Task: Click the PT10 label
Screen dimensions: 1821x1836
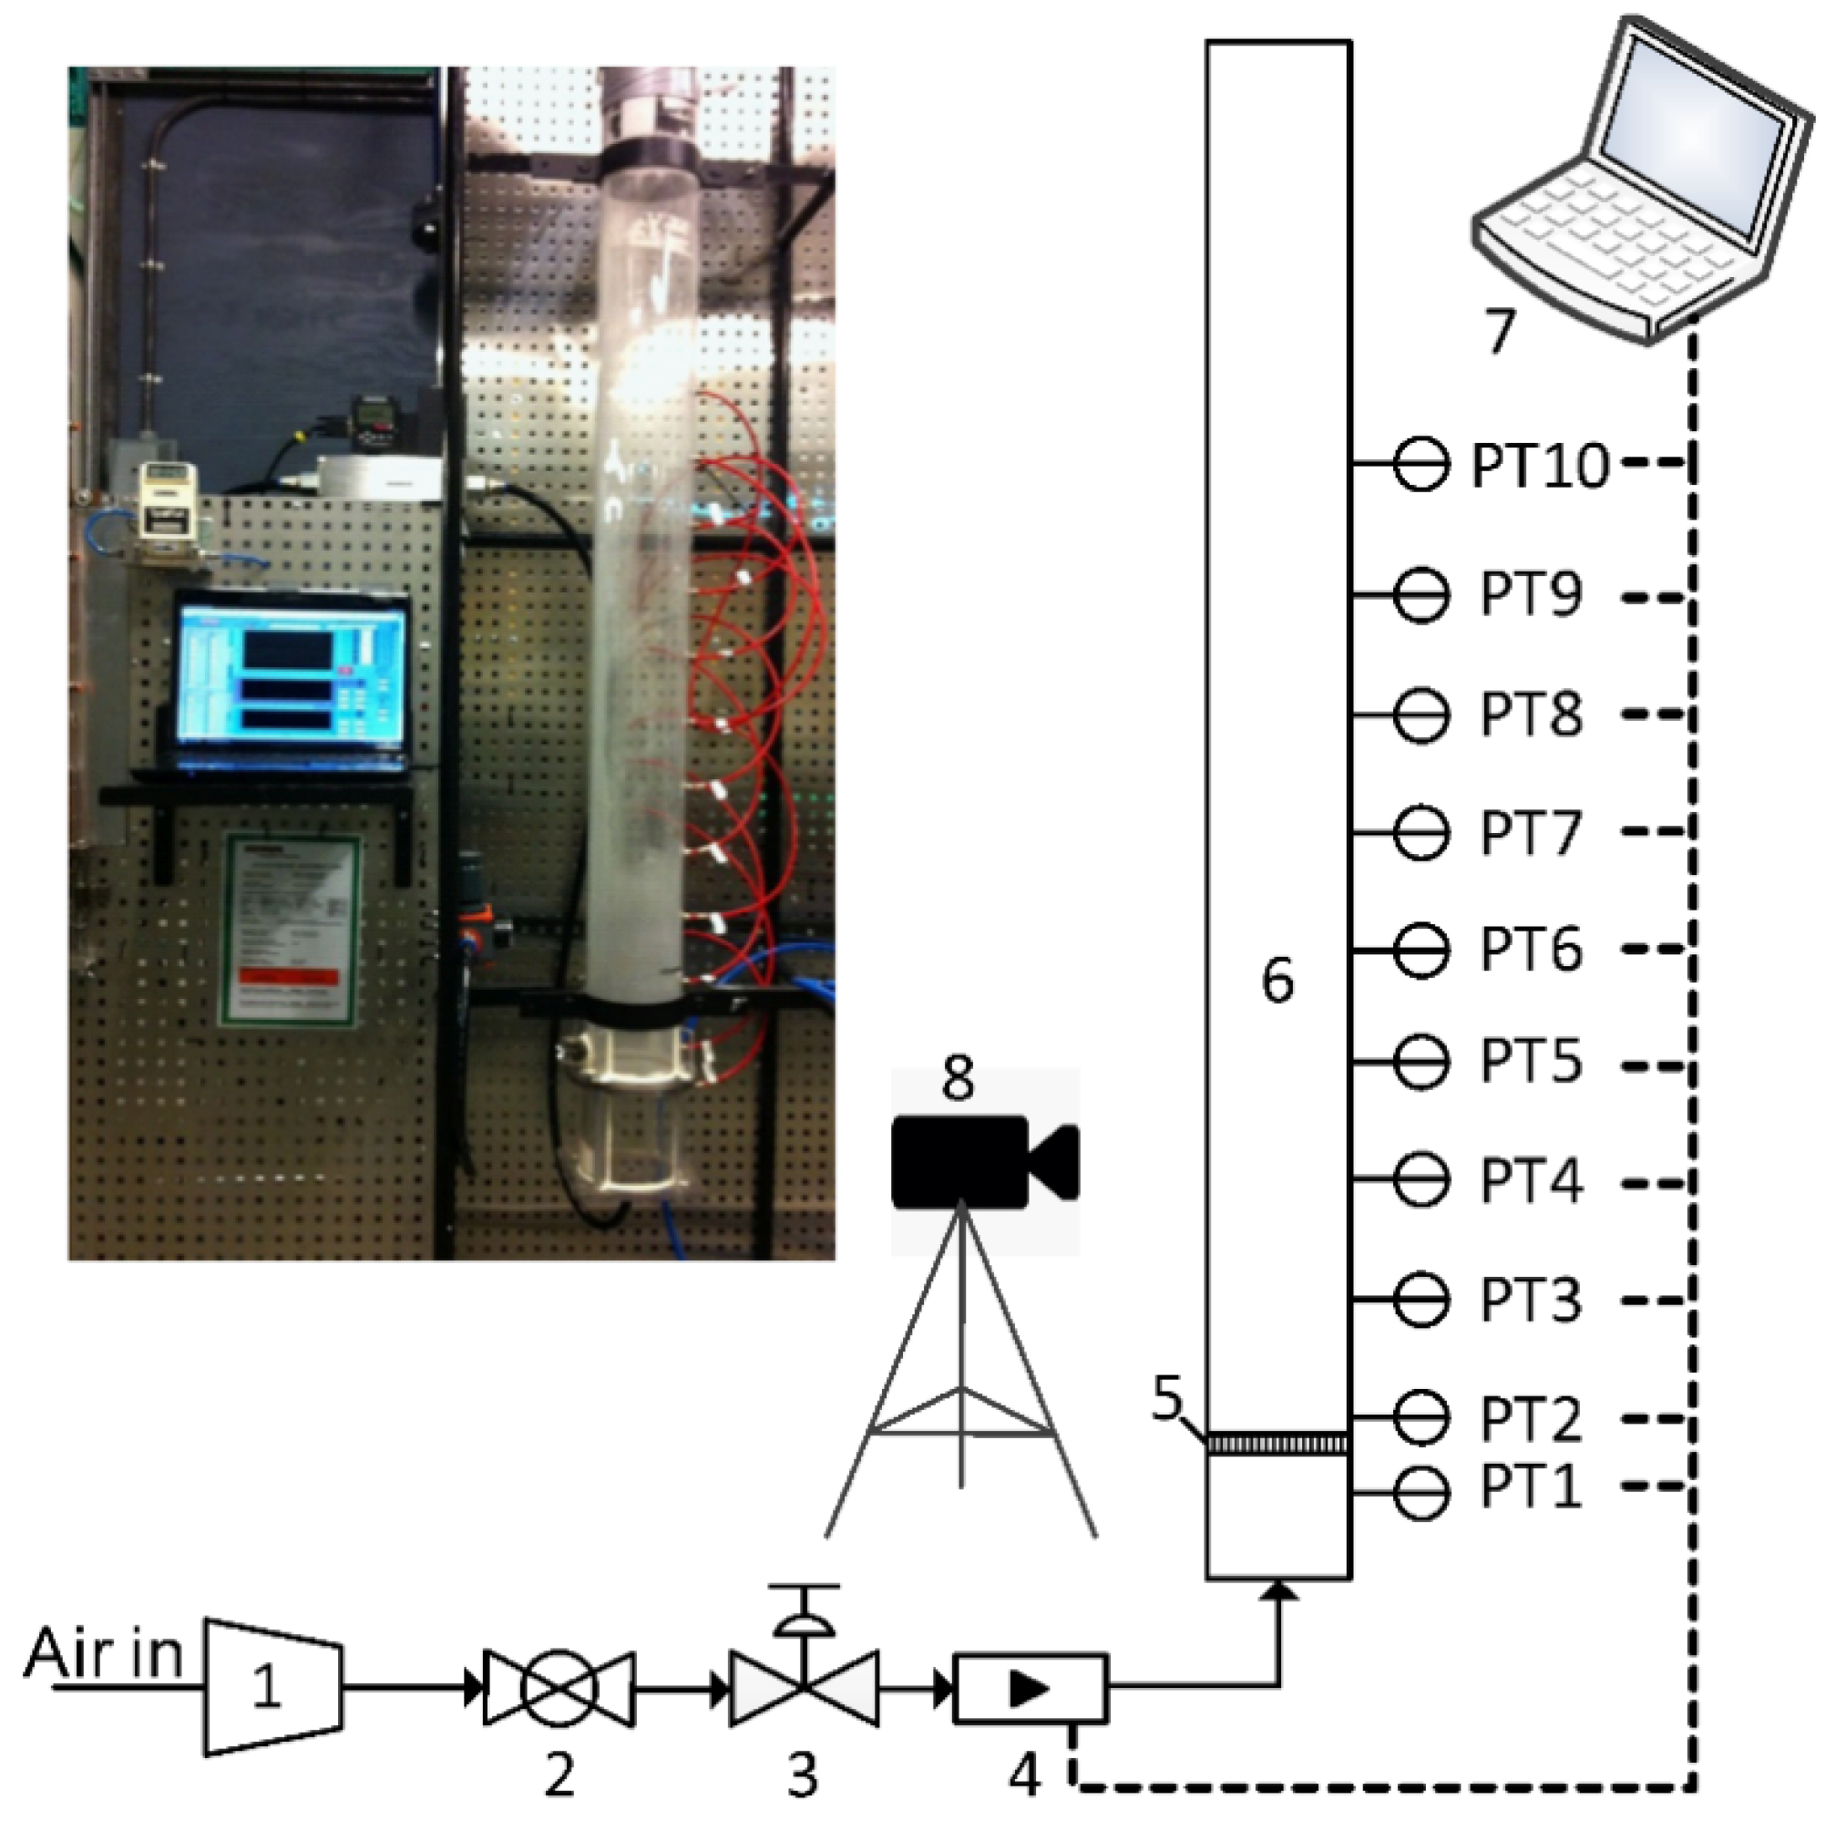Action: (x=1541, y=466)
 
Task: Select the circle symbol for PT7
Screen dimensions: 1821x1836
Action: (x=1421, y=831)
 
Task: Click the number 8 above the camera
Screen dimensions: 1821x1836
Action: (x=957, y=1080)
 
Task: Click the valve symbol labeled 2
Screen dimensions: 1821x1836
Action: (x=559, y=1687)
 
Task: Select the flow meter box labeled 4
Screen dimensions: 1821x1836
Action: (x=1031, y=1688)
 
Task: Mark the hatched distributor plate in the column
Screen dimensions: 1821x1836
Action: (x=1278, y=1444)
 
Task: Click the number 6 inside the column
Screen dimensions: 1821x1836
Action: (x=1277, y=980)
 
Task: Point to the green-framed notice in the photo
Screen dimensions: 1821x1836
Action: (x=291, y=931)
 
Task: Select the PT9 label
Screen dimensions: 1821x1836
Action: (x=1530, y=595)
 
